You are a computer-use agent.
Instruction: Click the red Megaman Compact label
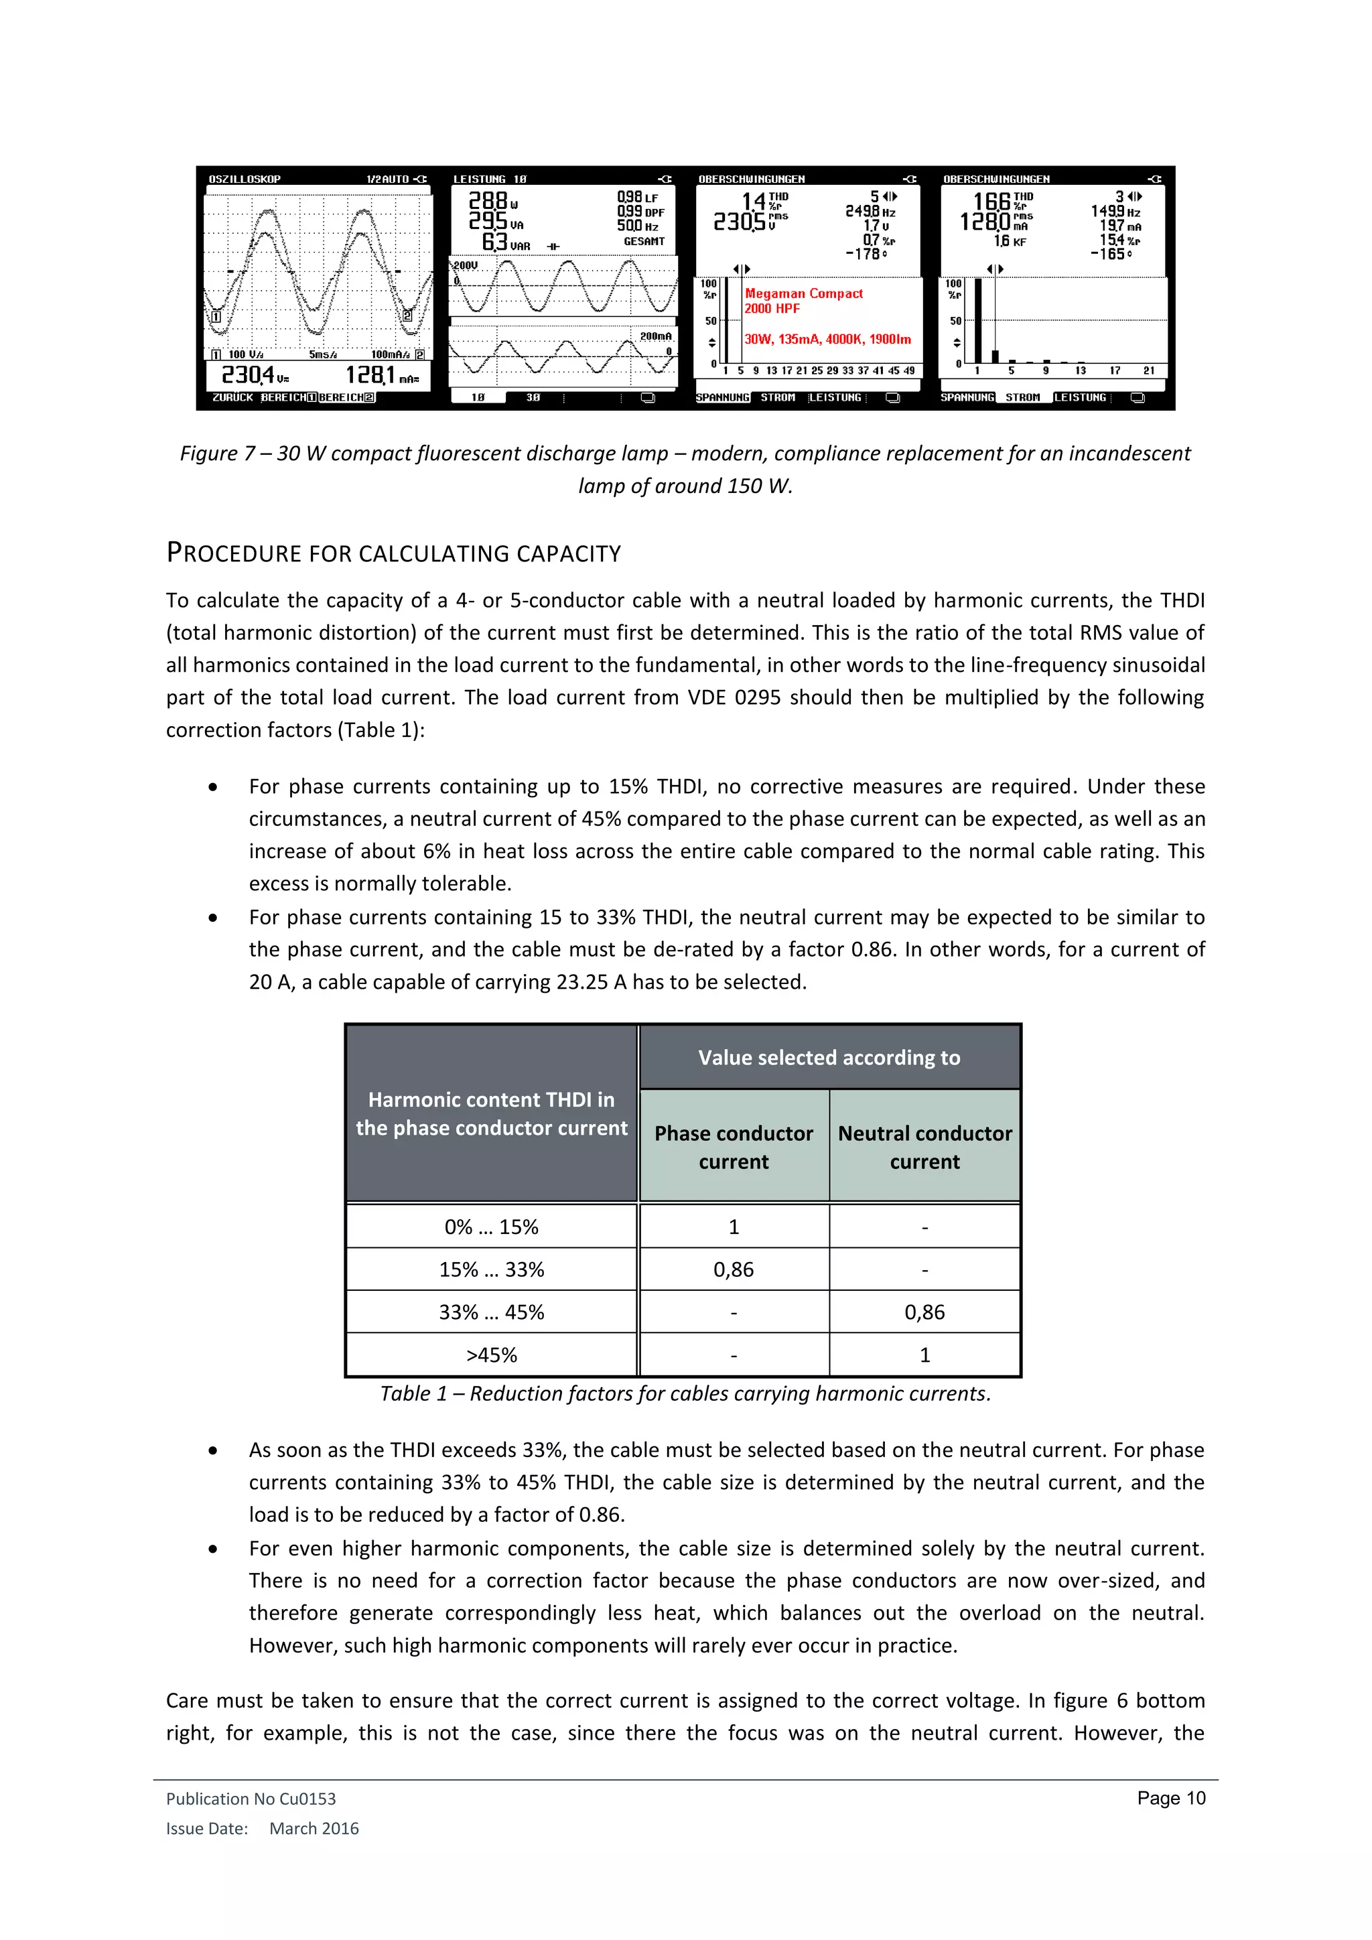pos(803,294)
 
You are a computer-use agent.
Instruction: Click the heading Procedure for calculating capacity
pos(394,553)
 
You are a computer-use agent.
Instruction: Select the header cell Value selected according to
pos(829,1057)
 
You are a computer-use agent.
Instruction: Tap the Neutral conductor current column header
pos(924,1147)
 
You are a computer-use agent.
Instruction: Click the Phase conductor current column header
pos(734,1147)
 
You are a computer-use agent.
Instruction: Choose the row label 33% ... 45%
pos(491,1312)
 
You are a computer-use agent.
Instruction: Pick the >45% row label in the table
pos(491,1355)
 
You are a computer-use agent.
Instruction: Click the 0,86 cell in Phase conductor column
pos(734,1269)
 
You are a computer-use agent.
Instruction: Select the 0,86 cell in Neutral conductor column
pos(924,1312)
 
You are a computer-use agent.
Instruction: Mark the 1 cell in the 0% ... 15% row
pos(734,1226)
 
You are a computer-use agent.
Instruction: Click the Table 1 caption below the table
pos(685,1393)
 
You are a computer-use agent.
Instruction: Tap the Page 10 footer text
pos(1171,1798)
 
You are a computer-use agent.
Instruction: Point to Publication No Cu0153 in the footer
pos(251,1799)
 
